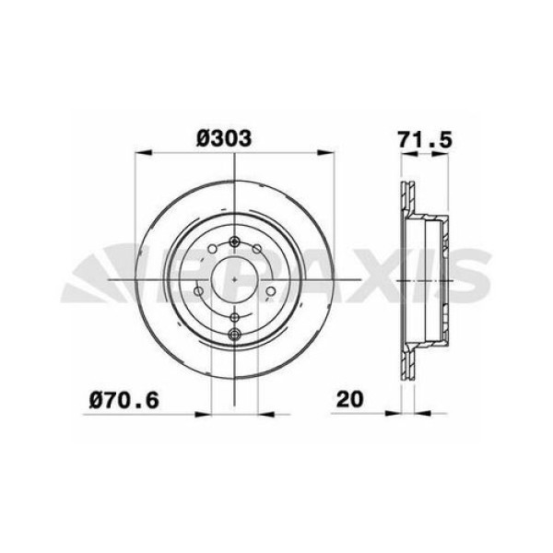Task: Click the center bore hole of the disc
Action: point(235,279)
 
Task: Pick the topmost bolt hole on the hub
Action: point(235,242)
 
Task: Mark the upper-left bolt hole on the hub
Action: point(212,249)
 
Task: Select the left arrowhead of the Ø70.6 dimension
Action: point(207,411)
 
